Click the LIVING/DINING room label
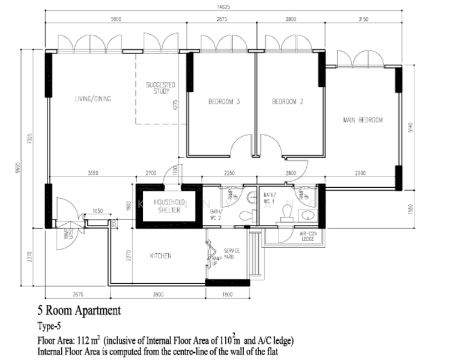(93, 99)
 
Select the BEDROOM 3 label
(224, 102)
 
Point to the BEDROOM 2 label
(288, 102)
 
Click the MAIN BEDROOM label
(363, 120)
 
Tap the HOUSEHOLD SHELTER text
(169, 206)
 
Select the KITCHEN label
(160, 256)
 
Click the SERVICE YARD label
(232, 254)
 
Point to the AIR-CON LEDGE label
(307, 236)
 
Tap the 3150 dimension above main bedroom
(362, 20)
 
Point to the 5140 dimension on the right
(410, 128)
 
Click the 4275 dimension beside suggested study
(175, 107)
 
